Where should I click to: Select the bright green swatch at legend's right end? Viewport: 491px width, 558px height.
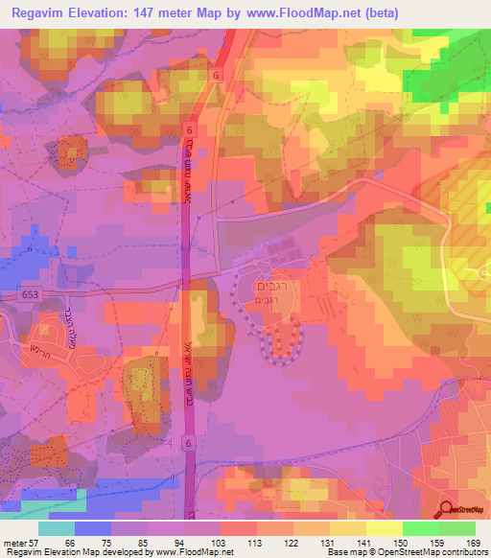[456, 528]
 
